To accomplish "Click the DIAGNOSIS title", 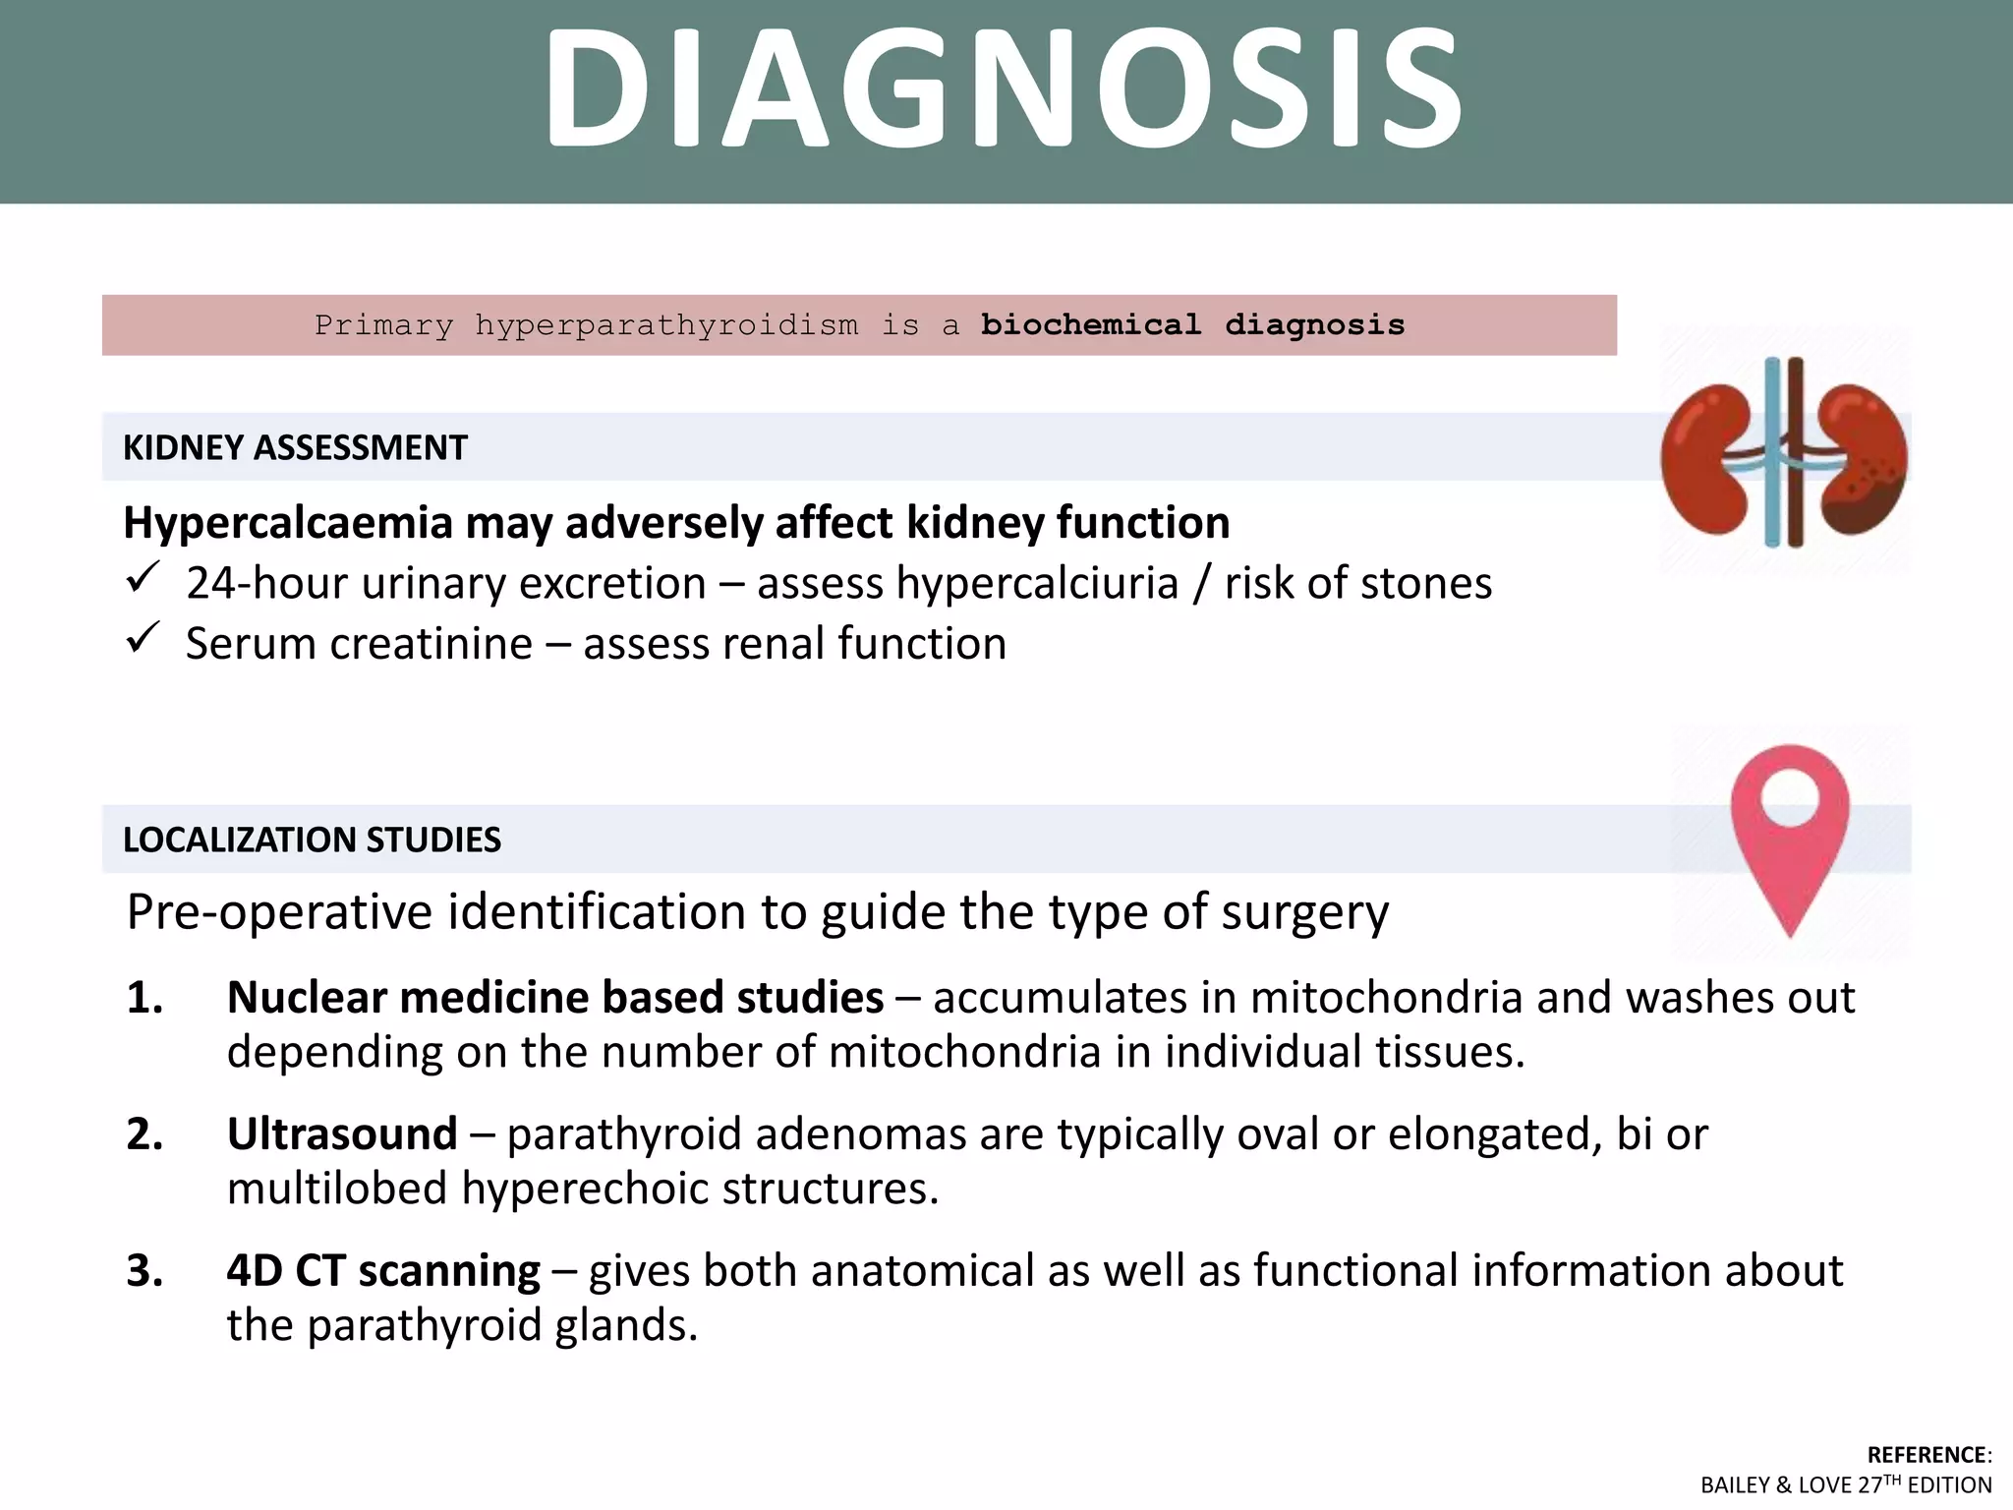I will (x=1005, y=90).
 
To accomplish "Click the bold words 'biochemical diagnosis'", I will (x=1192, y=324).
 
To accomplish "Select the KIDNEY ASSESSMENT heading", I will (x=295, y=448).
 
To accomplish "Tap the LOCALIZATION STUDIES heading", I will (x=312, y=841).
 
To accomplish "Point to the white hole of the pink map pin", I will (x=1791, y=794).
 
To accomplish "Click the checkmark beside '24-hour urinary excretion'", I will (x=143, y=578).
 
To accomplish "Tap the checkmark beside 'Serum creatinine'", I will (x=143, y=638).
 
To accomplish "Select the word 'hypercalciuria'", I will (x=1037, y=584).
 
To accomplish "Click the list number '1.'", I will (x=145, y=998).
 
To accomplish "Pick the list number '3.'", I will (x=145, y=1271).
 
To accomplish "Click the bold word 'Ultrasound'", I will (x=342, y=1134).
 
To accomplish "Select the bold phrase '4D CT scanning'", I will (x=383, y=1271).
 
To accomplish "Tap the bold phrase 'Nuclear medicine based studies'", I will (x=555, y=998).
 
